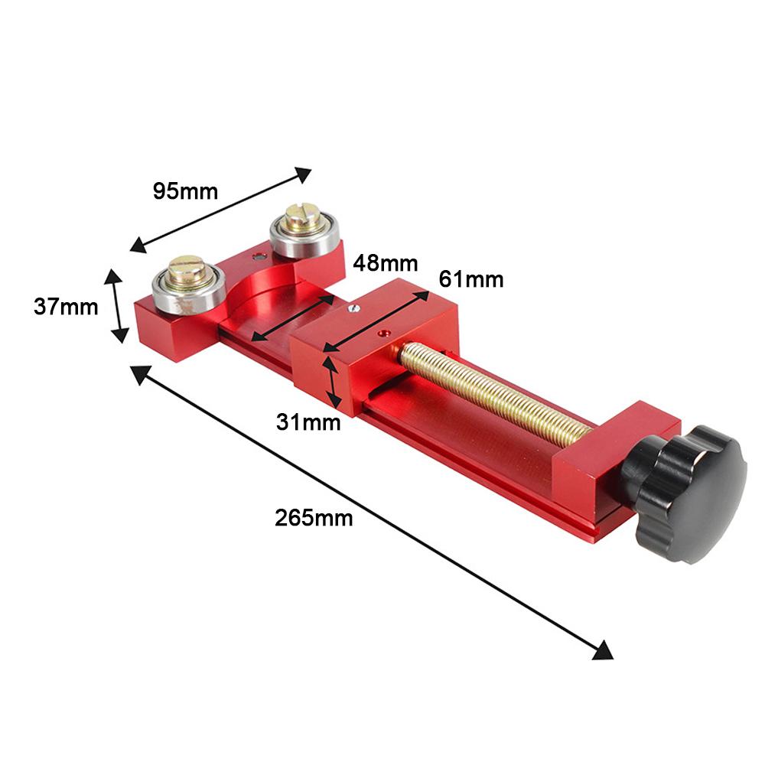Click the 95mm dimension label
tap(185, 190)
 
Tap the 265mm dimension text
tap(314, 518)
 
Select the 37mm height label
tap(66, 307)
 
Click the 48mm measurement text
tap(386, 264)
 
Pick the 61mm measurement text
tap(471, 280)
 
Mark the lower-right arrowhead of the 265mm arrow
tap(604, 649)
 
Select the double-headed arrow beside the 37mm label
tap(117, 306)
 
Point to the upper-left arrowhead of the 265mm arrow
tap(140, 373)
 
